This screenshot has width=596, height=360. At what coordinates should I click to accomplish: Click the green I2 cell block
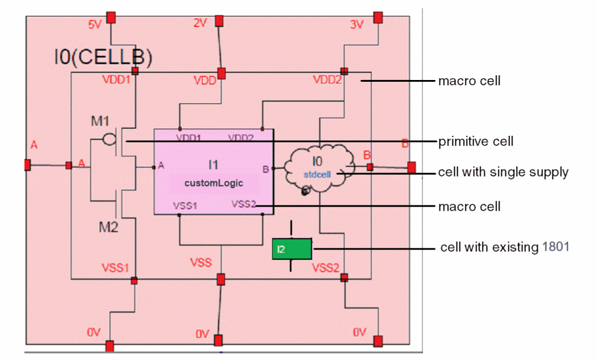[x=292, y=249]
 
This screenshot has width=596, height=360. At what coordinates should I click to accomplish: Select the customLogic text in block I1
[x=214, y=183]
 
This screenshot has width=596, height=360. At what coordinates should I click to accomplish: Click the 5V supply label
[x=95, y=25]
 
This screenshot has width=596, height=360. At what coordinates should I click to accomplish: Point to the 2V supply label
[x=200, y=23]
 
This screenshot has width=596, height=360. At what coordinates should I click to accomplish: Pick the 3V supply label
[x=357, y=25]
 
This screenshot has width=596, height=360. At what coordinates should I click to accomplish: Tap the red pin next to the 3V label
[x=378, y=17]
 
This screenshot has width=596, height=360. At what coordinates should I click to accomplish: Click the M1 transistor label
[x=101, y=121]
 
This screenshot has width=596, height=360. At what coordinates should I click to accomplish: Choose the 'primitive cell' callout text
[x=476, y=142]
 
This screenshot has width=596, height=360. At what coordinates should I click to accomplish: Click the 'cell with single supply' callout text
[x=503, y=172]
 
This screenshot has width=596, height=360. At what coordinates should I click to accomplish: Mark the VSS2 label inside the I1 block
[x=244, y=204]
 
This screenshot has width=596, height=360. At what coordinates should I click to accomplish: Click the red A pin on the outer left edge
[x=27, y=165]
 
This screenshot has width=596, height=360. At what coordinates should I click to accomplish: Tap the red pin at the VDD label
[x=222, y=73]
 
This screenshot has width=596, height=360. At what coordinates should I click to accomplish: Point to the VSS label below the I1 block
[x=201, y=262]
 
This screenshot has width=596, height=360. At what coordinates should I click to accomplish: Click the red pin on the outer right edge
[x=411, y=167]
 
